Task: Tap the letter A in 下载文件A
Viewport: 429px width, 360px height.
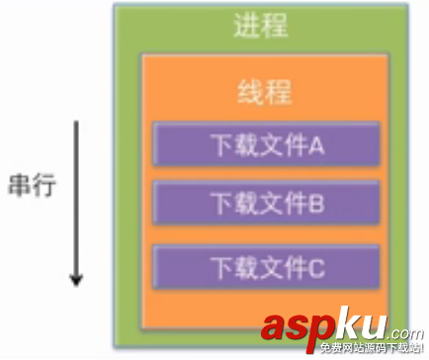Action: [317, 145]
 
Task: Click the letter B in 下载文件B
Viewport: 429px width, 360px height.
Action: [317, 205]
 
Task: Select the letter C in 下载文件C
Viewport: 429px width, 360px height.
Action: [317, 266]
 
